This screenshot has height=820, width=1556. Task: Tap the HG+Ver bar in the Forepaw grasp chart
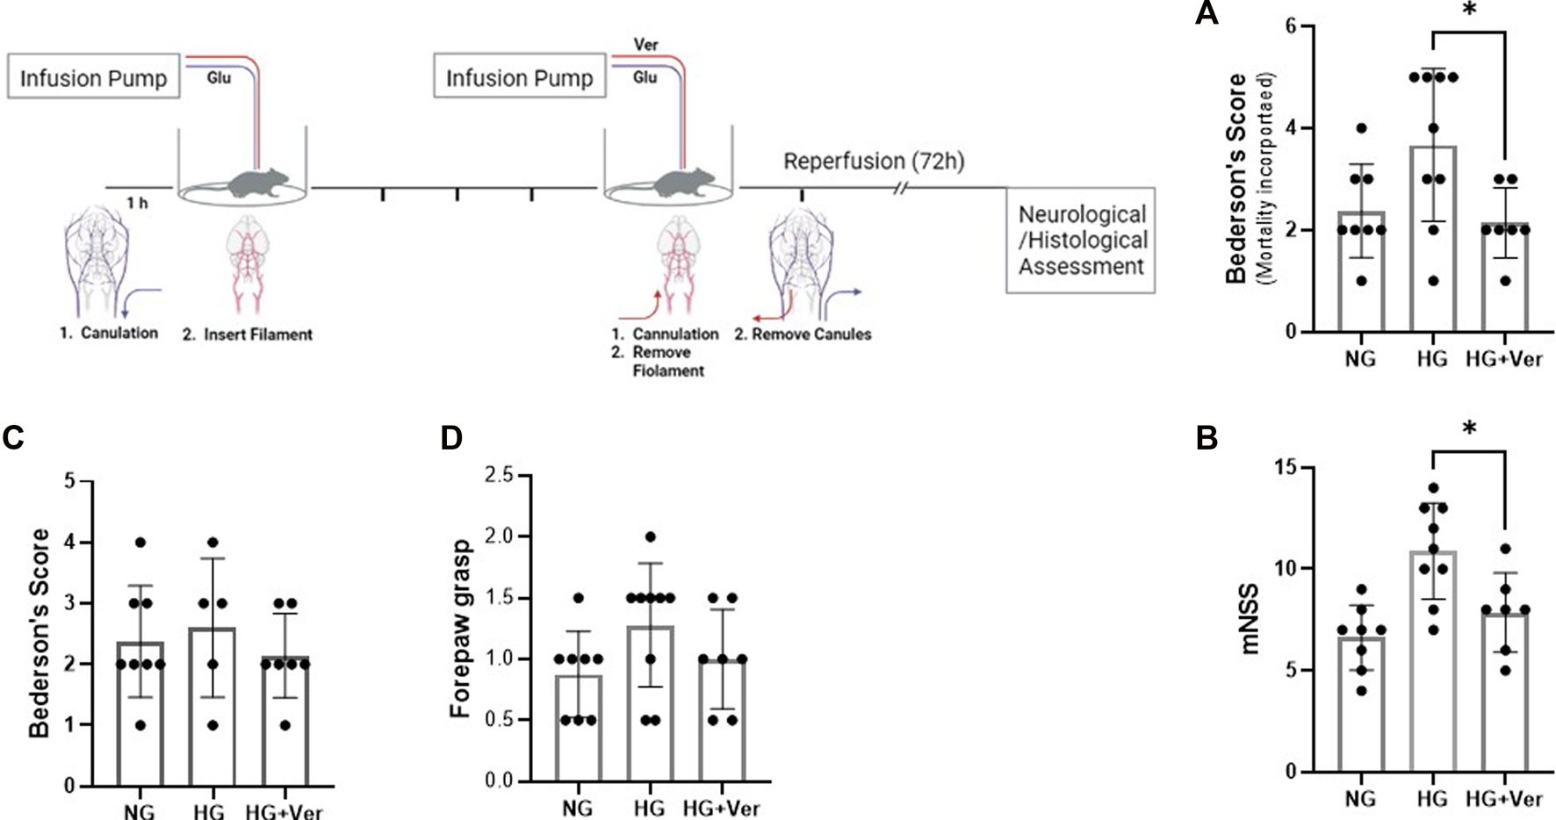(x=722, y=720)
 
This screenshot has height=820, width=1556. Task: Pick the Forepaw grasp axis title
(x=461, y=629)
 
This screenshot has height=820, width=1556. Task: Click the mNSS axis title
(x=1250, y=620)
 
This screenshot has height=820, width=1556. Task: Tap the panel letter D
(x=451, y=437)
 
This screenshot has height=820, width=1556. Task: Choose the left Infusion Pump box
(x=94, y=77)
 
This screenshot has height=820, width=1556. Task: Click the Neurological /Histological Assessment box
(x=1081, y=240)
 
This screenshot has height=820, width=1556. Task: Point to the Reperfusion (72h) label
(x=874, y=162)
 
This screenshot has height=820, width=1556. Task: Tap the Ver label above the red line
(x=645, y=44)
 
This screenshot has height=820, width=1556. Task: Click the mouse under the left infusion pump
(x=258, y=183)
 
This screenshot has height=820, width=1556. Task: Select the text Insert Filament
(x=258, y=334)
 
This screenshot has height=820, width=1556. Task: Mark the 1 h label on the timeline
(x=137, y=203)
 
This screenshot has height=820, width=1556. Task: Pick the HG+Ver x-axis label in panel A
(x=1503, y=359)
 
